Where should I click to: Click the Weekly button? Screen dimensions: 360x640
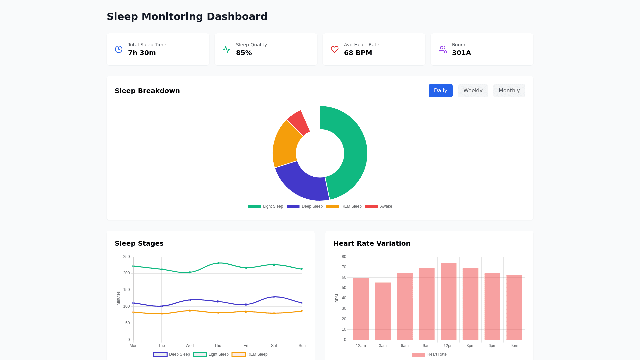(473, 91)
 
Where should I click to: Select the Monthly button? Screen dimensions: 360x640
(509, 91)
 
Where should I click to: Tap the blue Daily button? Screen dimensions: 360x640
(440, 91)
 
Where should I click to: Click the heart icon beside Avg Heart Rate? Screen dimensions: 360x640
(335, 49)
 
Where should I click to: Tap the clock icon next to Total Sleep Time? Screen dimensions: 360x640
(119, 49)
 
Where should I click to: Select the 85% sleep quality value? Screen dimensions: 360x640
(244, 53)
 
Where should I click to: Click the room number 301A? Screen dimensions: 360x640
(461, 53)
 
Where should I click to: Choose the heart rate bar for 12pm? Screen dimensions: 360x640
(448, 300)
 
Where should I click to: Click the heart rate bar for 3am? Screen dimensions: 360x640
(383, 310)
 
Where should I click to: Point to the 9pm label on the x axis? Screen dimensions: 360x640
(514, 346)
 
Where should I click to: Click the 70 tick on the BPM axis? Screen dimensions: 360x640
(344, 267)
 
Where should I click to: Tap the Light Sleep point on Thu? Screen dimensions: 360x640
(218, 263)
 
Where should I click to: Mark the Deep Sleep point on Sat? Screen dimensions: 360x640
(274, 297)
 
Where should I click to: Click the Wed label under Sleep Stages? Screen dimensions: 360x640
(190, 346)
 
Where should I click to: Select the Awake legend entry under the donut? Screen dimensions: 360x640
(379, 206)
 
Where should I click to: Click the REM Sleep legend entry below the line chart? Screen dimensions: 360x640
(250, 354)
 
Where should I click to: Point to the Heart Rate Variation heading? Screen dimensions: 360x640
(372, 243)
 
